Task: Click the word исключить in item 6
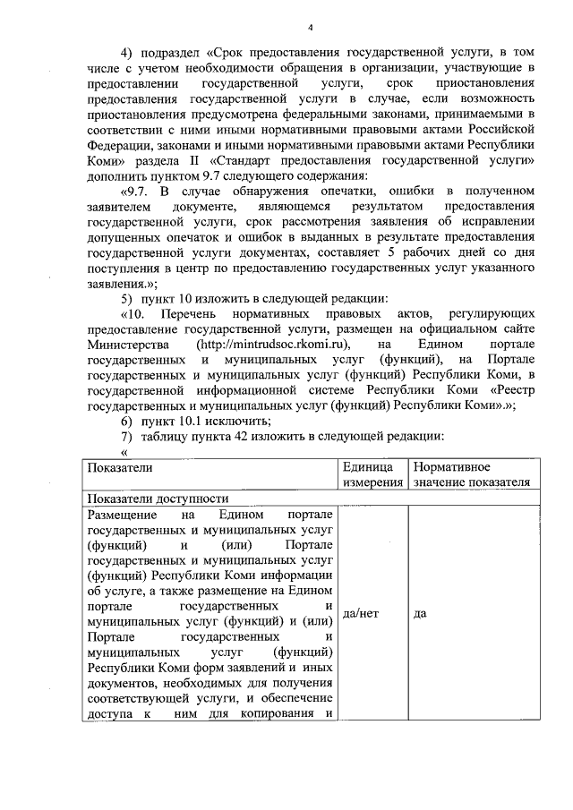236,421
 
